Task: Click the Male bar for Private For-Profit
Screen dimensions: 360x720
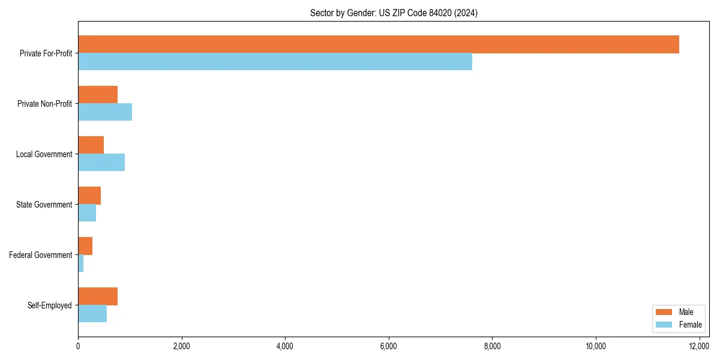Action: point(378,44)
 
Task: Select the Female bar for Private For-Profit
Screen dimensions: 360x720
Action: point(275,61)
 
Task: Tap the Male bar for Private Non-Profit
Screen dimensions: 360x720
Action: point(98,95)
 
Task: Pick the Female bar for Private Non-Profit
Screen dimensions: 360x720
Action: point(105,112)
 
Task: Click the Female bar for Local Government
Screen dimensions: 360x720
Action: point(101,162)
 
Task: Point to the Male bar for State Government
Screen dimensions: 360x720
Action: point(89,196)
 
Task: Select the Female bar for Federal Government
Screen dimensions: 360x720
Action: point(81,263)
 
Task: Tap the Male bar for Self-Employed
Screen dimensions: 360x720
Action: point(98,296)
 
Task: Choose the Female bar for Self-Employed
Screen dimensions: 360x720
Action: point(92,313)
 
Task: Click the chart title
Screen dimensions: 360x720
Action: point(394,13)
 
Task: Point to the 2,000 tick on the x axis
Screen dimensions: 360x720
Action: point(181,346)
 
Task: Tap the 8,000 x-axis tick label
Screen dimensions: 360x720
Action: point(492,346)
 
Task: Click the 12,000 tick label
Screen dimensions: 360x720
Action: point(699,346)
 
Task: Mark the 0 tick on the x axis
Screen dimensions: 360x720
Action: point(78,346)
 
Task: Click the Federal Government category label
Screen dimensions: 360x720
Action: point(41,255)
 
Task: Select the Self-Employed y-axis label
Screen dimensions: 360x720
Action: point(50,305)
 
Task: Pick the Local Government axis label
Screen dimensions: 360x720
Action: point(44,154)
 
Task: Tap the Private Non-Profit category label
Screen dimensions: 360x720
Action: point(44,104)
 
